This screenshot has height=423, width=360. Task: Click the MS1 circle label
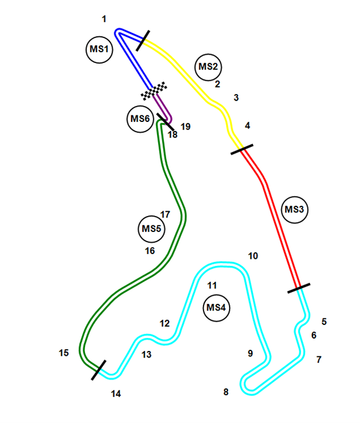[99, 50]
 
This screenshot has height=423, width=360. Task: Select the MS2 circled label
[209, 67]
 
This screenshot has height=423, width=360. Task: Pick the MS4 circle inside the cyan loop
[216, 308]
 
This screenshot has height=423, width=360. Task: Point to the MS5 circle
[151, 228]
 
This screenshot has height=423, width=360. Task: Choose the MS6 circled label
[140, 119]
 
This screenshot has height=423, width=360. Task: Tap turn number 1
[104, 19]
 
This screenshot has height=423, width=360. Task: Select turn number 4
[248, 126]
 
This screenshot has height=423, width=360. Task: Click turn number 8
[226, 392]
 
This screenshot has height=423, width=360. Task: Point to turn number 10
[253, 256]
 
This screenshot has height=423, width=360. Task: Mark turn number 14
[115, 393]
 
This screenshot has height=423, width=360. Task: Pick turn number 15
[64, 353]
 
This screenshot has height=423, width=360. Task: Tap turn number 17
[165, 215]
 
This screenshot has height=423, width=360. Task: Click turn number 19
[186, 127]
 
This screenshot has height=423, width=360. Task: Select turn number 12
[165, 324]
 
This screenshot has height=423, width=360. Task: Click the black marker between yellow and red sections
[242, 149]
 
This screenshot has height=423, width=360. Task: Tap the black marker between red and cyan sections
[299, 289]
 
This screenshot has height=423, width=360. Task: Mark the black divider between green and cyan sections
[99, 369]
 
